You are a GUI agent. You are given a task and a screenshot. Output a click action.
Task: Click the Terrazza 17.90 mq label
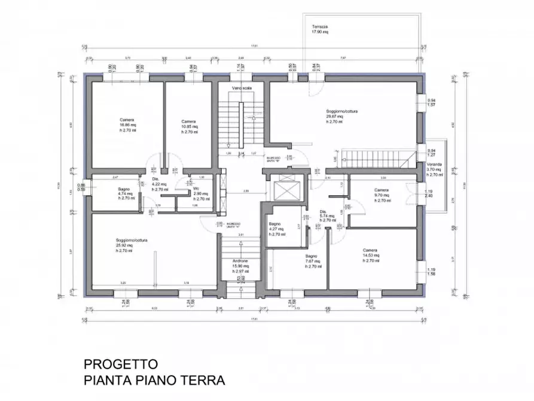tap(321, 30)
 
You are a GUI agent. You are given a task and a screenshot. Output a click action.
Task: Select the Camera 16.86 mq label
tap(127, 123)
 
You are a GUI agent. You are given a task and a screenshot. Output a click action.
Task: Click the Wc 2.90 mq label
tap(200, 193)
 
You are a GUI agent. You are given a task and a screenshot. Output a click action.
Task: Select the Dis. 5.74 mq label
tap(327, 215)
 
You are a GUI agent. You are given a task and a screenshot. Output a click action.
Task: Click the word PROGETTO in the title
tap(121, 364)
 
